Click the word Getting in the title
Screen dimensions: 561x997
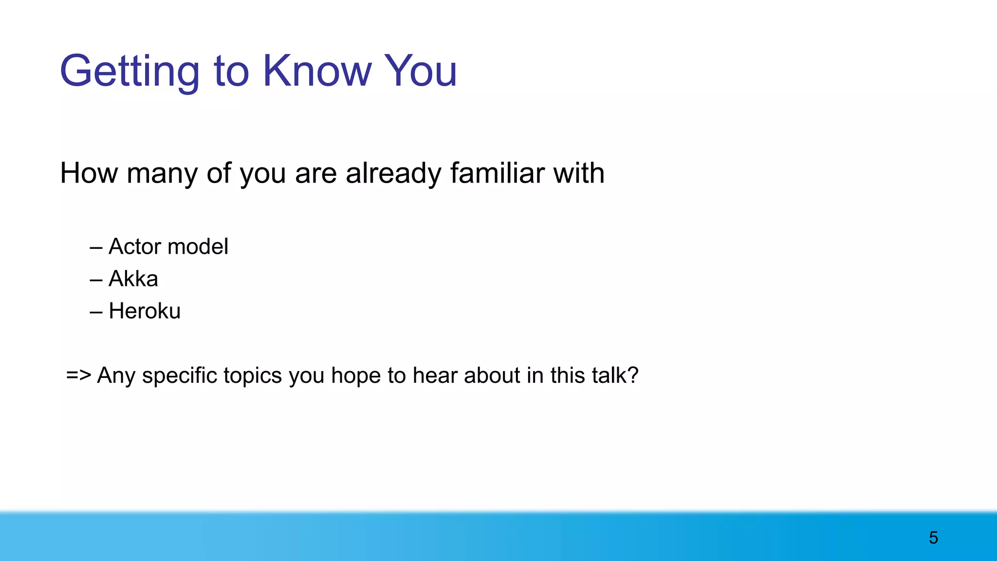(129, 72)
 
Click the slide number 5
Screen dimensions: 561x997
(933, 538)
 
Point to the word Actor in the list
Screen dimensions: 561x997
(134, 246)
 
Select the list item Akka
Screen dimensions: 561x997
(133, 279)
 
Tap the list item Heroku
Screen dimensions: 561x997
(145, 311)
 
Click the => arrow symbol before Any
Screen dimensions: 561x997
(78, 375)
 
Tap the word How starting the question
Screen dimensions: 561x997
(88, 173)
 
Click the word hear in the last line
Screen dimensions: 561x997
(435, 375)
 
